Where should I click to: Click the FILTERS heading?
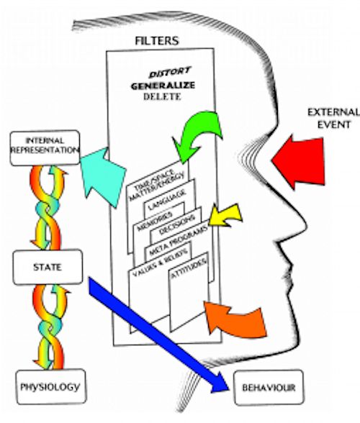coord(157,41)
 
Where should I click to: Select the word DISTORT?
coord(170,73)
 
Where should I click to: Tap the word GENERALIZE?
coord(163,86)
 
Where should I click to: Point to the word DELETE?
coord(162,96)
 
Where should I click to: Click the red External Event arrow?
coord(298,162)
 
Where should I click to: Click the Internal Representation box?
coord(45,147)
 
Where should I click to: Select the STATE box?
coord(48,267)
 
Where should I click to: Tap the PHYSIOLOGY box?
coord(51,387)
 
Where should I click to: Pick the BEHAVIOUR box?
coord(269,388)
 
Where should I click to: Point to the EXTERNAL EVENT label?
coord(334,119)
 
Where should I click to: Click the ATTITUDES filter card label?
coord(189,268)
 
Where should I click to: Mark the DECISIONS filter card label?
coord(177,224)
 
